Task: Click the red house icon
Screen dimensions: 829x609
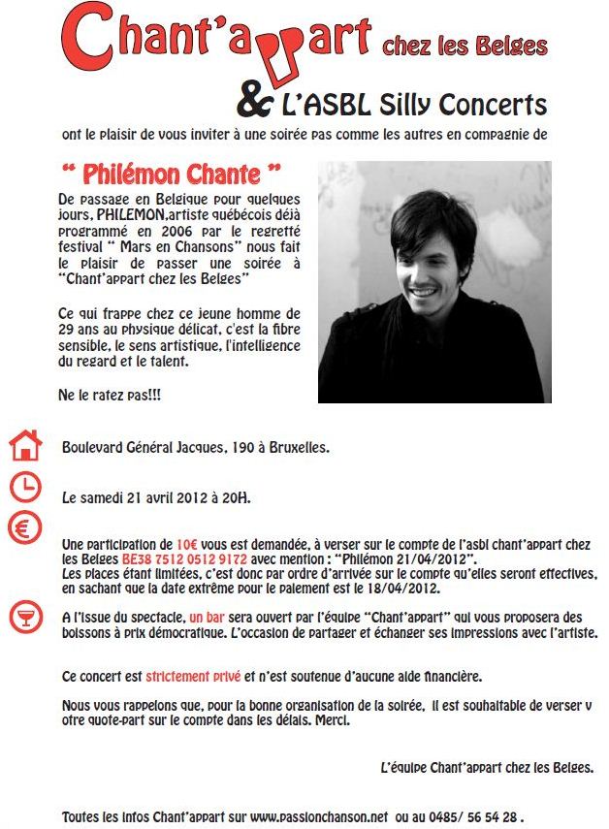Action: (x=25, y=445)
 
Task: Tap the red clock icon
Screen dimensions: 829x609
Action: (x=25, y=487)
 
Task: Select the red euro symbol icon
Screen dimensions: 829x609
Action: (x=25, y=529)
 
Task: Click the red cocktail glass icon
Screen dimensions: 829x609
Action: (x=25, y=617)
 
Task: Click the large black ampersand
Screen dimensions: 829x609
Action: (x=255, y=100)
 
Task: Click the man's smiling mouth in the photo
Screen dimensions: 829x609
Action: (x=425, y=291)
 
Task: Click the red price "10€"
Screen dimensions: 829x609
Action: (x=188, y=545)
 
